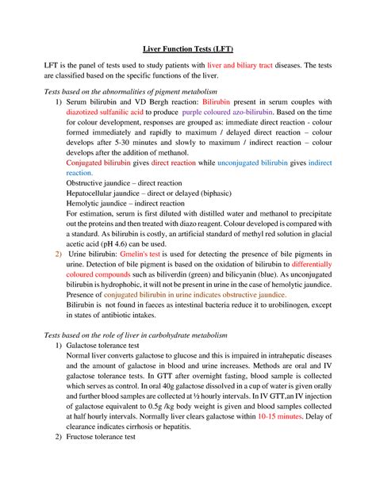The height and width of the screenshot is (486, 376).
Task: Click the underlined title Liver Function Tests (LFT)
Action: [x=188, y=48]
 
